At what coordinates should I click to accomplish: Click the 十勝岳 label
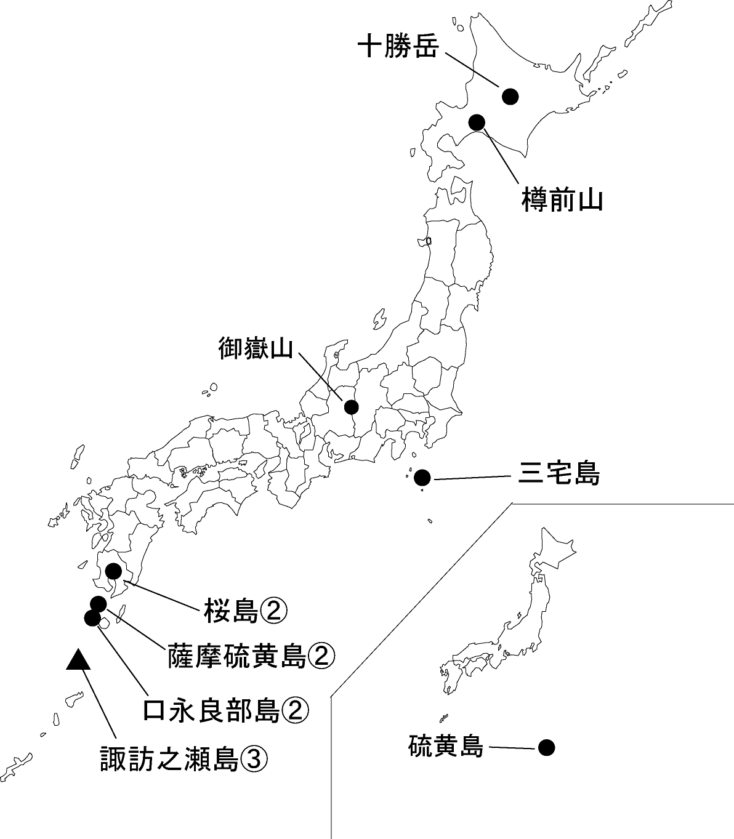(x=398, y=47)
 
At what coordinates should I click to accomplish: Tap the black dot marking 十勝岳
(x=510, y=96)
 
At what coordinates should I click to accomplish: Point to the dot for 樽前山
(x=477, y=122)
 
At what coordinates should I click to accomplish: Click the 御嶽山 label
(x=255, y=348)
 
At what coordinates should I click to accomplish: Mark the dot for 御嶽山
(x=351, y=407)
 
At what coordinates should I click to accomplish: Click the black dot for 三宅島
(x=422, y=478)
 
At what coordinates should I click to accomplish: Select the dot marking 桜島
(x=113, y=571)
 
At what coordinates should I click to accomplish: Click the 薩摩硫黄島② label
(x=251, y=657)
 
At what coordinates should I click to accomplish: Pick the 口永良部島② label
(x=225, y=710)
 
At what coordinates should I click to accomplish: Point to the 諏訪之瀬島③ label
(x=183, y=759)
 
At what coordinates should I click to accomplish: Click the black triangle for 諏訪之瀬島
(x=78, y=660)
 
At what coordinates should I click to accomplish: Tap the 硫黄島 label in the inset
(x=445, y=747)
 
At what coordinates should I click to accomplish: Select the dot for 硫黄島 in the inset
(x=546, y=748)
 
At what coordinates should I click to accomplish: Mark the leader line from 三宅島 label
(x=471, y=477)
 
